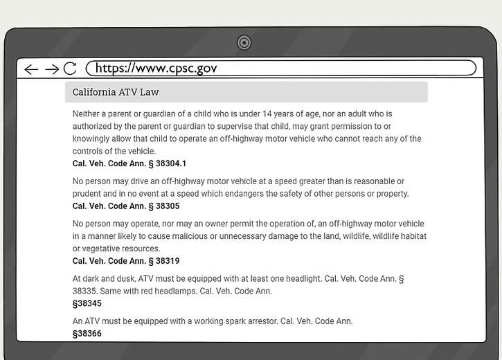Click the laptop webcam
point(244,43)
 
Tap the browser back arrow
point(31,69)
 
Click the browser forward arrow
point(51,69)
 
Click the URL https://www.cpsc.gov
point(156,68)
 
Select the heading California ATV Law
point(116,92)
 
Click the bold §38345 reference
point(87,303)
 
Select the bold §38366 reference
point(87,334)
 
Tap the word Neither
point(89,114)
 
